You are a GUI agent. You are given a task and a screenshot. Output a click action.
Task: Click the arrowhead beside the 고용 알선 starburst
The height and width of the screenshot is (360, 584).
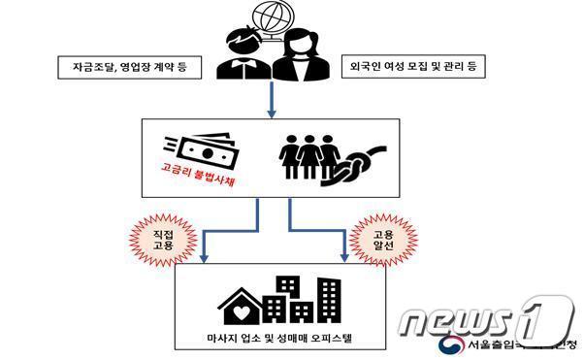tap(343, 257)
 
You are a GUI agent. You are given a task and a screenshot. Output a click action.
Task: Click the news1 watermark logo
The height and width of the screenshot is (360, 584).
tap(486, 315)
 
